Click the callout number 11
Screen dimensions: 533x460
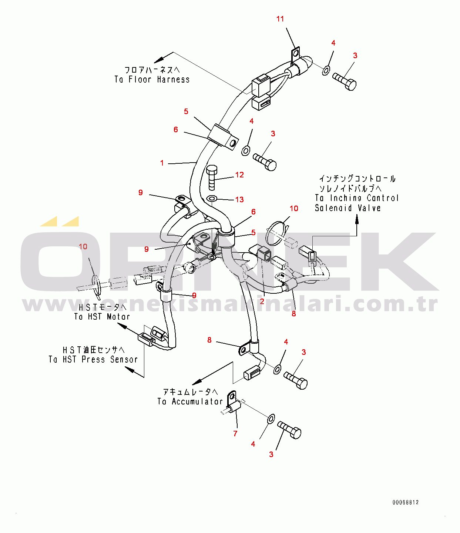[280, 19]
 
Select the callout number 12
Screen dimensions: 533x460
[239, 175]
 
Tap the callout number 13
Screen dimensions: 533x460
[239, 200]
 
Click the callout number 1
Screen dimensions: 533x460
[162, 163]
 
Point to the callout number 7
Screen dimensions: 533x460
[235, 433]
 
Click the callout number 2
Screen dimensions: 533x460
[262, 302]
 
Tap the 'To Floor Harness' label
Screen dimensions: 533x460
[152, 79]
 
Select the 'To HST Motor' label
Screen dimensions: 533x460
[102, 317]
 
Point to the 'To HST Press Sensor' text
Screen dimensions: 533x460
[93, 359]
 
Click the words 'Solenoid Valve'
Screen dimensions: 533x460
[347, 208]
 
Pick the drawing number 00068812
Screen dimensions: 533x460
[406, 503]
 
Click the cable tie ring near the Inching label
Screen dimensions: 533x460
[279, 233]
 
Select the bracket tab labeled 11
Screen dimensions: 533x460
[295, 54]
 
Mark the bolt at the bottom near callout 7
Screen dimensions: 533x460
[290, 430]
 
